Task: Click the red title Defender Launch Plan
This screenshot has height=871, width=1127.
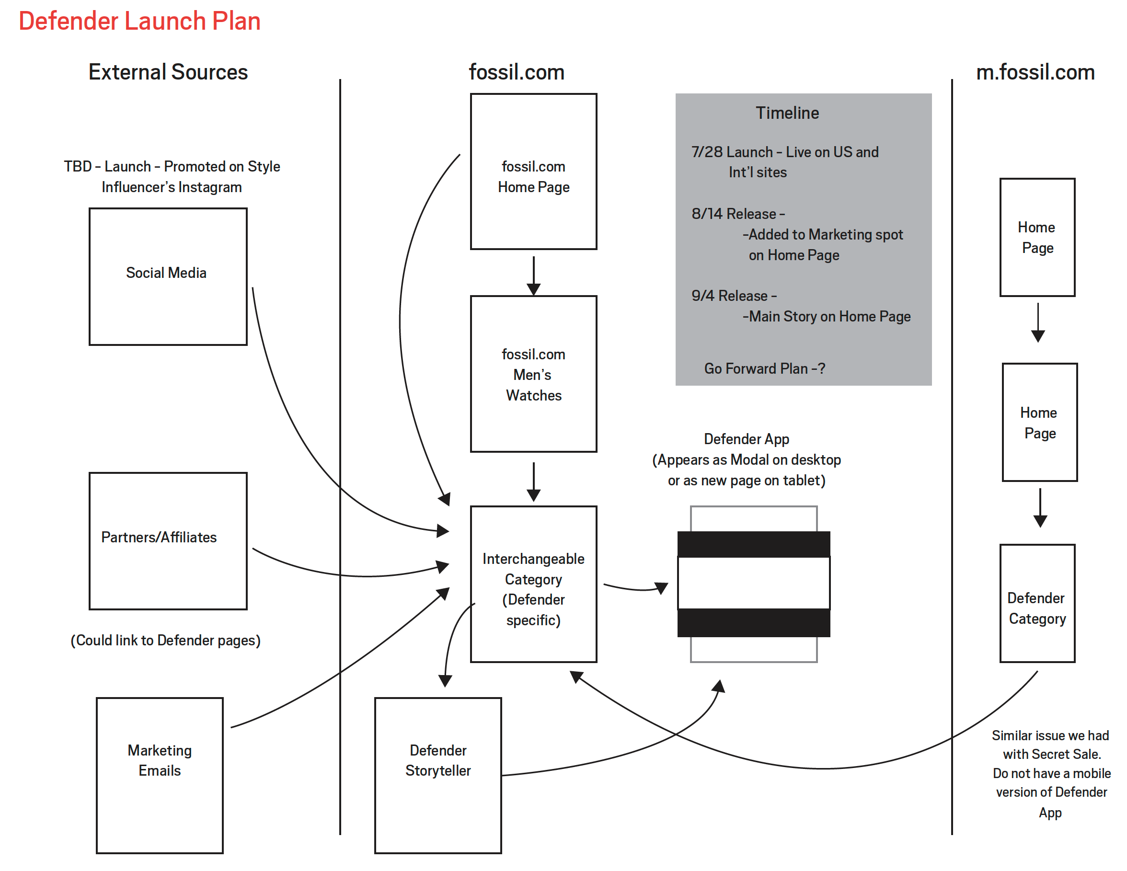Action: tap(139, 21)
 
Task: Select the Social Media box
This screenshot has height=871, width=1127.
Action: tap(168, 276)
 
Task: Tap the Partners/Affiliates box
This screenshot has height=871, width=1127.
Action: tap(168, 541)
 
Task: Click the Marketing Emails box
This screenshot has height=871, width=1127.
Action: tap(160, 775)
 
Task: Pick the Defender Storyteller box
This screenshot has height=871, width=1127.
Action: tap(437, 775)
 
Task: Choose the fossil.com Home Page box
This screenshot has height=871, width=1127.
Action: tap(534, 172)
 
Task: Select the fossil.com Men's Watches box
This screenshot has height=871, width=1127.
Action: tap(534, 374)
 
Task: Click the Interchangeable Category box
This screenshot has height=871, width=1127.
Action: tap(534, 584)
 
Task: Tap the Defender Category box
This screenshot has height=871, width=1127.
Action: tap(1037, 603)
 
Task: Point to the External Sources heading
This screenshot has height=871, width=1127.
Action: tap(168, 72)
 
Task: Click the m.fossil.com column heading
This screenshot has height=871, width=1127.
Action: tap(1035, 72)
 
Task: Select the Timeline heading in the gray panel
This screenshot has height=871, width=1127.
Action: tap(787, 113)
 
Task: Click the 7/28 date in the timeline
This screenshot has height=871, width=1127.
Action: tap(706, 152)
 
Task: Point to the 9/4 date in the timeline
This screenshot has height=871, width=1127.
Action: tap(703, 296)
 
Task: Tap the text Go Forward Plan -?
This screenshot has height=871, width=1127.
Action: tap(765, 368)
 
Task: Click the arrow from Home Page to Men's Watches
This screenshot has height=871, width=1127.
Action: tap(534, 276)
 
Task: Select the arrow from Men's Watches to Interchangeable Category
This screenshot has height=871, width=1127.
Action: tap(534, 482)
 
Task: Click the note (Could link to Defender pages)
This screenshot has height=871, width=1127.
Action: tap(166, 641)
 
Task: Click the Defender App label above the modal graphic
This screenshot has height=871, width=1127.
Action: tap(746, 439)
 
